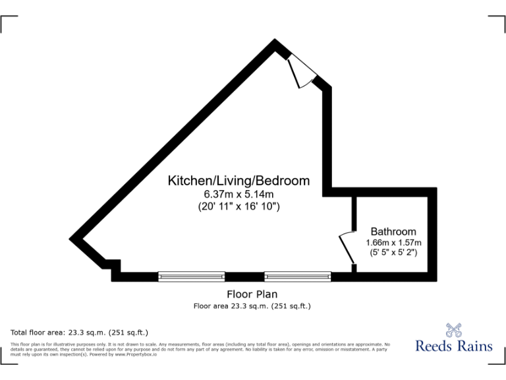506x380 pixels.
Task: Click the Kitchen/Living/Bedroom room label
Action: pos(239,180)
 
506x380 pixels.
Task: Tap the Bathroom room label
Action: pos(393,232)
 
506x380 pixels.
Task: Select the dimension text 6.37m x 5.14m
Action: pos(239,194)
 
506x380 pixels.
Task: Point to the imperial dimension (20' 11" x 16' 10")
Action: pos(239,206)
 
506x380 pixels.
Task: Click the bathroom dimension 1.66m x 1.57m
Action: pos(393,242)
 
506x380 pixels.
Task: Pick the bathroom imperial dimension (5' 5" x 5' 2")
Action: pos(393,252)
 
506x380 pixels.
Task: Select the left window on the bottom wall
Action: pos(191,276)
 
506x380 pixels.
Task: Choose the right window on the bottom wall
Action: pos(298,276)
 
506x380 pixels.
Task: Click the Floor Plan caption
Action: pos(252,294)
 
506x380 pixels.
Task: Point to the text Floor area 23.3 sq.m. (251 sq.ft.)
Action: pos(252,306)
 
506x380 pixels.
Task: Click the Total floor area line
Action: pos(80,332)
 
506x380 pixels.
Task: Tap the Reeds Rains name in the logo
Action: pos(453,346)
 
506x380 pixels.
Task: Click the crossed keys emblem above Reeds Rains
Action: pos(454,328)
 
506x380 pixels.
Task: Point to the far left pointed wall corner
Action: pos(72,239)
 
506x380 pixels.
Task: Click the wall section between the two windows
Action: pos(244,276)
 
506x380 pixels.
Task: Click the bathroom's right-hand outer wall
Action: pos(432,234)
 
